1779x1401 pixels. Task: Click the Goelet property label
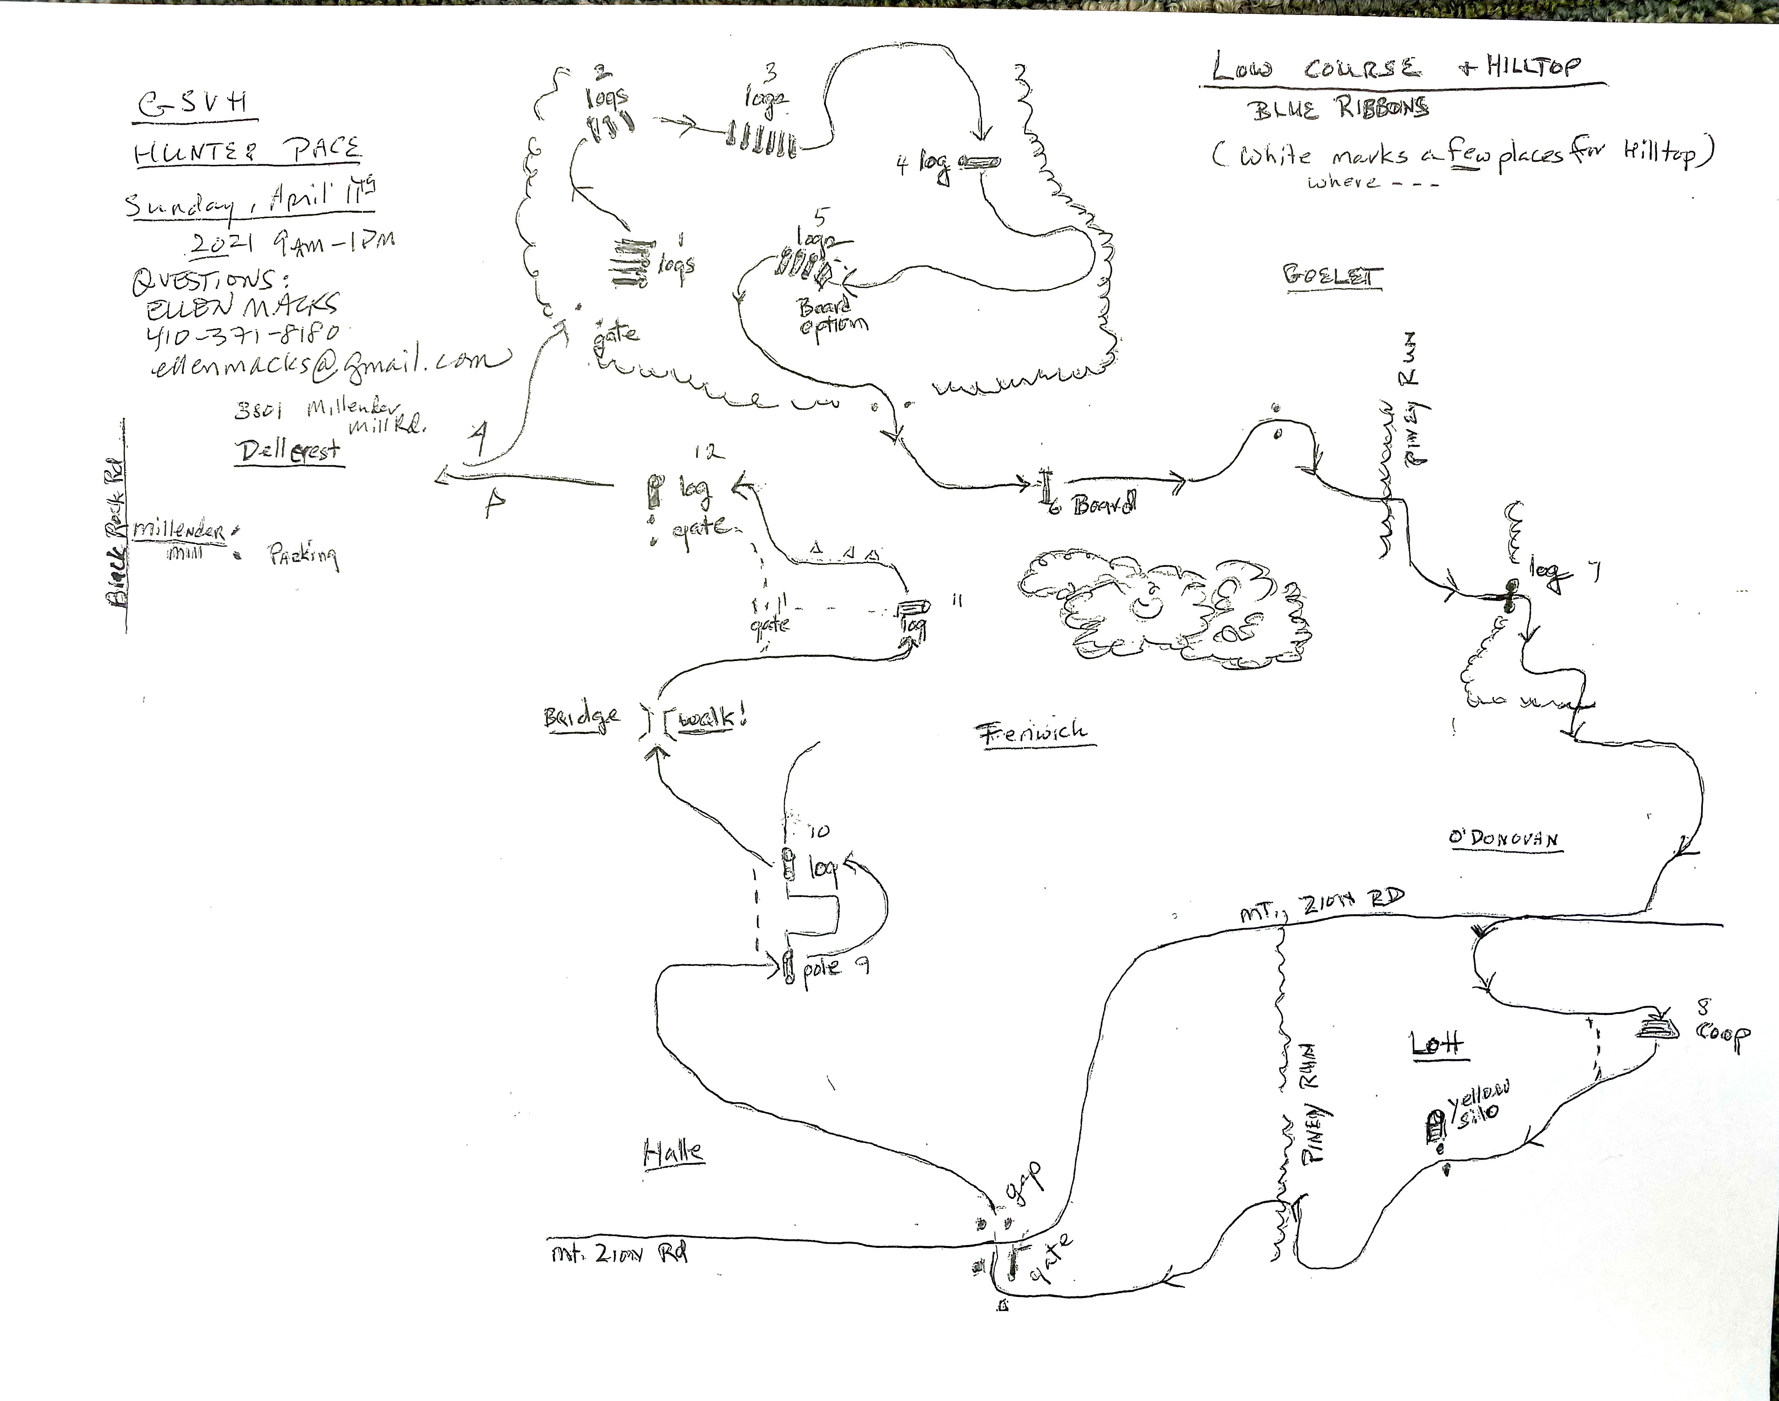pyautogui.click(x=1332, y=276)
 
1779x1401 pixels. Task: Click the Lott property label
pyautogui.click(x=1437, y=1043)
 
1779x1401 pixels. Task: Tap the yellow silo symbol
pyautogui.click(x=1435, y=1129)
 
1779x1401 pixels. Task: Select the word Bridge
pyautogui.click(x=581, y=718)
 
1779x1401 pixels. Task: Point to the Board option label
pyautogui.click(x=832, y=315)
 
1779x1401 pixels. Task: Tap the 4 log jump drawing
pyautogui.click(x=977, y=162)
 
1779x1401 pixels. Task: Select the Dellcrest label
pyautogui.click(x=289, y=451)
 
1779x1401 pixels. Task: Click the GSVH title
pyautogui.click(x=193, y=105)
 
